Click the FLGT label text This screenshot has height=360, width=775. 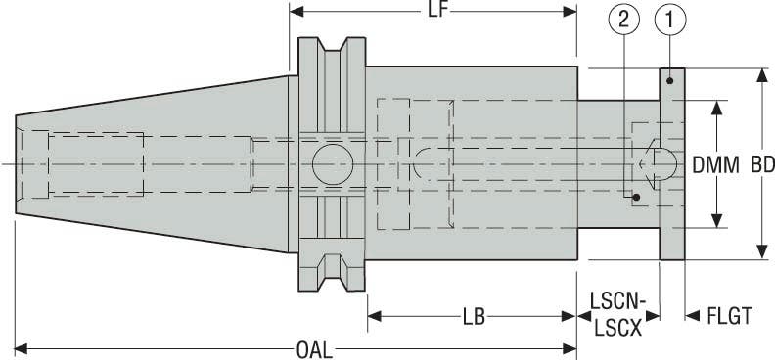click(729, 317)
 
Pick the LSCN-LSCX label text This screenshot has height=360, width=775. click(616, 318)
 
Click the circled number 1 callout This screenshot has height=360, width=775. click(668, 17)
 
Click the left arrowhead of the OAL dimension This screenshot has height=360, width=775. click(22, 347)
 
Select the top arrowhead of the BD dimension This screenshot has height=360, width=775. click(761, 74)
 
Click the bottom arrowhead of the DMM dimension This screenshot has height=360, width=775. click(720, 221)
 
